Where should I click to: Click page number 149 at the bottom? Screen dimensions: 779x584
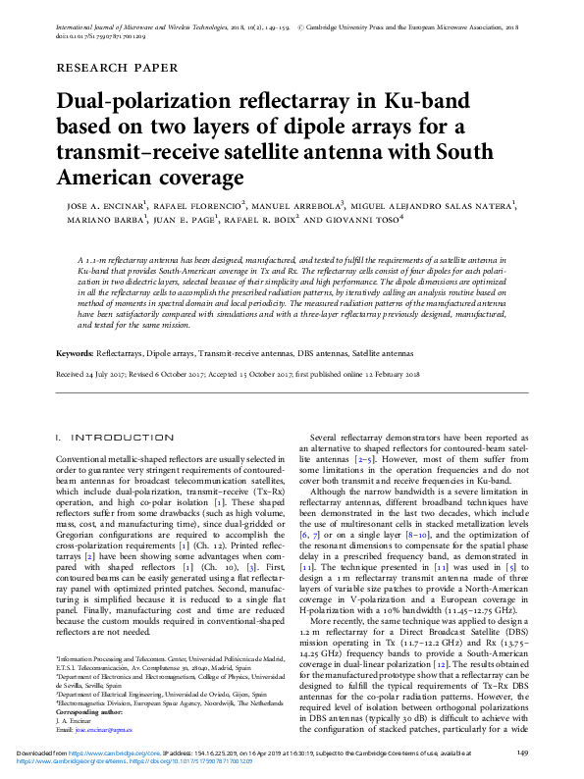(522, 752)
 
